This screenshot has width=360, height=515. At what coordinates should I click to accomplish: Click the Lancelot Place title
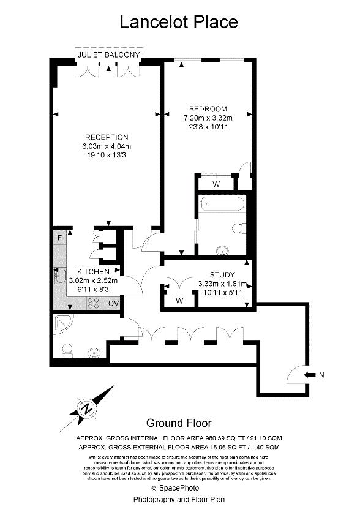[178, 22]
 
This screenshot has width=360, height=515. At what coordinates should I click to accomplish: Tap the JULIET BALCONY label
[108, 56]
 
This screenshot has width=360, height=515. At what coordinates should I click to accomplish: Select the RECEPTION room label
[107, 137]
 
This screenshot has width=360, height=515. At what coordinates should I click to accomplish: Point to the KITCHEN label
[93, 271]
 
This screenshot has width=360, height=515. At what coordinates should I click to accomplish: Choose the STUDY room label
[222, 274]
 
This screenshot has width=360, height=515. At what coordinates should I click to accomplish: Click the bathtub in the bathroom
[222, 203]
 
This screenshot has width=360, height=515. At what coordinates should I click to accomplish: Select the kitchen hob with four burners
[95, 302]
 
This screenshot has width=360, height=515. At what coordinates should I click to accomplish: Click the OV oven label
[114, 303]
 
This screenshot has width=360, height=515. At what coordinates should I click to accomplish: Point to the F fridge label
[59, 238]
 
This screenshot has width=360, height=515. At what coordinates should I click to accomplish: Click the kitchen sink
[60, 277]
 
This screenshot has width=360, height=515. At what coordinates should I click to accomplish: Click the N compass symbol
[87, 408]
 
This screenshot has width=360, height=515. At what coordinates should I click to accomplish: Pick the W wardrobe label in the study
[179, 300]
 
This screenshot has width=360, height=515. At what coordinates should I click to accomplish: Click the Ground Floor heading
[179, 423]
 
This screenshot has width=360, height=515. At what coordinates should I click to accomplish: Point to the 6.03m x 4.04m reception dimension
[107, 146]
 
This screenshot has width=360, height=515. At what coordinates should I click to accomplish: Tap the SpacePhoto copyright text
[179, 487]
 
